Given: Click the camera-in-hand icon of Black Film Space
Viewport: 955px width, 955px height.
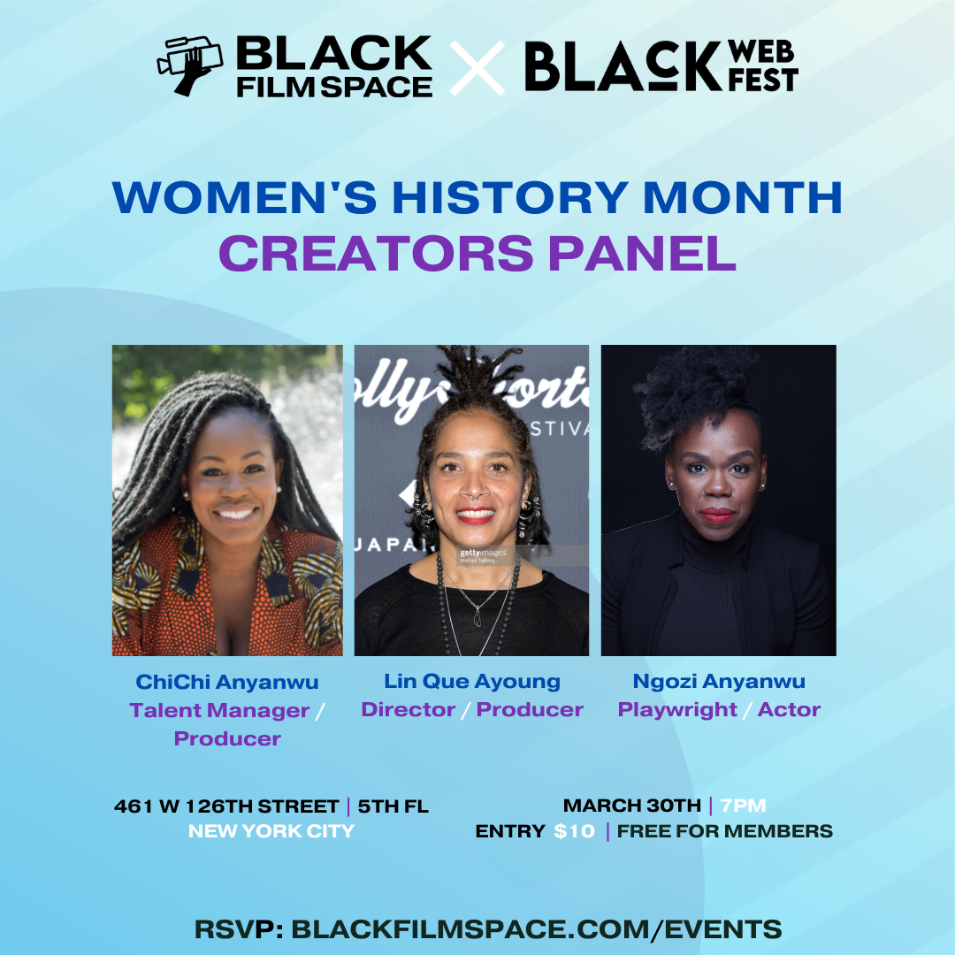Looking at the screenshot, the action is [189, 65].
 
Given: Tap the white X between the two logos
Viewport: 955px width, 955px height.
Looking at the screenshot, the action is [477, 67].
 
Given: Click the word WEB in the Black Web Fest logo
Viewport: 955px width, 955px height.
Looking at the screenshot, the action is [761, 52].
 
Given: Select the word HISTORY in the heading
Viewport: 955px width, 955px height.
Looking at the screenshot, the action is [510, 197].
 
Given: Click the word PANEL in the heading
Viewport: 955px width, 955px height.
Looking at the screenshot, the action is [643, 254].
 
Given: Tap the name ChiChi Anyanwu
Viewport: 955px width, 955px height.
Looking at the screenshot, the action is [227, 682].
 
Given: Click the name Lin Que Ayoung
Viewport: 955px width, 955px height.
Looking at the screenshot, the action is [472, 682].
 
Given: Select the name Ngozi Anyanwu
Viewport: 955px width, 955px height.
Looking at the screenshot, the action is [719, 682].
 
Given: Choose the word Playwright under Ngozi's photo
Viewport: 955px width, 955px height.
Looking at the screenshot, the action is [677, 710].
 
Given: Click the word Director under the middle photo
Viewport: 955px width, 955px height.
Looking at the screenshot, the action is [408, 709].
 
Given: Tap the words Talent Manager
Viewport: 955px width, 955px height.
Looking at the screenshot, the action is [219, 711].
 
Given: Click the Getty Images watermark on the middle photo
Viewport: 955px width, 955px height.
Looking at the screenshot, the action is [484, 554].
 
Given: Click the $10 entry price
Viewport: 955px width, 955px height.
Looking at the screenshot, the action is [574, 831].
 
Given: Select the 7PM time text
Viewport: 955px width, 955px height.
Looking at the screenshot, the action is [743, 806].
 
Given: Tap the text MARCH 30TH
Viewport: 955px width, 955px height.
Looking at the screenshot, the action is [632, 806].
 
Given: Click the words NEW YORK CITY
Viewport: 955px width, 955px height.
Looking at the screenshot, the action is [271, 830].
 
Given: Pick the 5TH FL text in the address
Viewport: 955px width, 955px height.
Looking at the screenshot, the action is [393, 806].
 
